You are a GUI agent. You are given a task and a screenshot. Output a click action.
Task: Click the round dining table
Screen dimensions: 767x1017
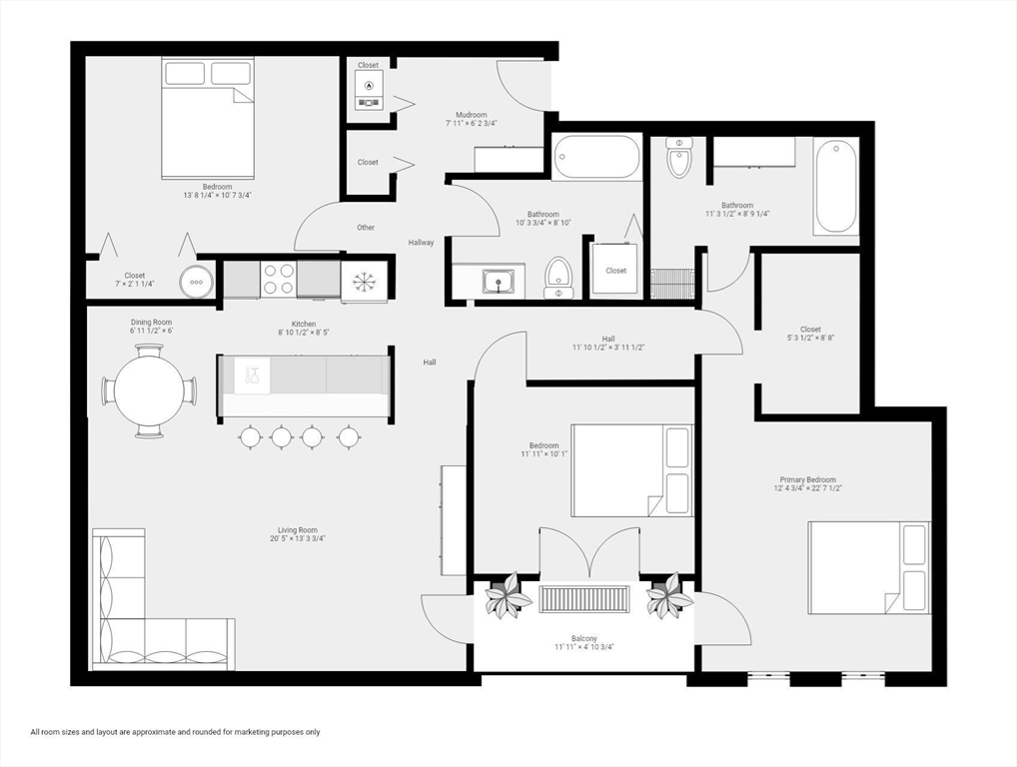coord(149,390)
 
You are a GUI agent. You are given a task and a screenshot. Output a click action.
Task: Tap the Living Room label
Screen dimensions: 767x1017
coord(298,530)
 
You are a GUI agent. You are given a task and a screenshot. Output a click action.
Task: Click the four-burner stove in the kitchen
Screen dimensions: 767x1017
coord(278,279)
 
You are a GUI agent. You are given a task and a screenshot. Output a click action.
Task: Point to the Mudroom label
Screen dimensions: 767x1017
coord(472,115)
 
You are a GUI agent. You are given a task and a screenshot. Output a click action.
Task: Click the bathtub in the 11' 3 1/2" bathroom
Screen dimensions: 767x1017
coord(835,186)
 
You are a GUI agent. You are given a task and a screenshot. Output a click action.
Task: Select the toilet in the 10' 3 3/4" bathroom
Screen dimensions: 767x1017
coord(558,278)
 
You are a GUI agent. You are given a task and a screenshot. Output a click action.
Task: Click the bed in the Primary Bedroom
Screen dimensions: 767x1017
coord(868,567)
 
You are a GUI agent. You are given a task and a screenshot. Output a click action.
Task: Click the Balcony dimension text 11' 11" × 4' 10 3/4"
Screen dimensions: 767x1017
coord(584,647)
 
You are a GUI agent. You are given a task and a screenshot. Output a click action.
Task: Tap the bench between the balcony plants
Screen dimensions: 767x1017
coord(584,599)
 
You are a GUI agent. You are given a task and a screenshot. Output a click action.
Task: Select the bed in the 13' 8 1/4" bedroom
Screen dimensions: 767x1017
coord(208,117)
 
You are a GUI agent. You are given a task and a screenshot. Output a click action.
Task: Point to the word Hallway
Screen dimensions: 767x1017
coord(422,243)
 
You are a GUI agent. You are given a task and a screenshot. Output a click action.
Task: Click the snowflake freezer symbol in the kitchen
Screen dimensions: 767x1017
coord(364,282)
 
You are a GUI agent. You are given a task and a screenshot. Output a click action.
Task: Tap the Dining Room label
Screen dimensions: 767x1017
coord(151,323)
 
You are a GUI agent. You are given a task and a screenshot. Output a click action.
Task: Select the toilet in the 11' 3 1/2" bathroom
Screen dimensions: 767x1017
coord(679,158)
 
